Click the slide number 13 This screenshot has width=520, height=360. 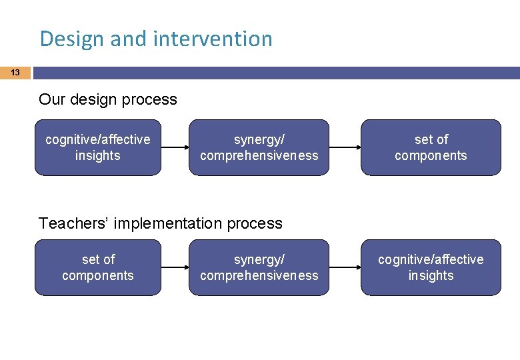pos(15,73)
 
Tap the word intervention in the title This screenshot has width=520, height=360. pos(213,39)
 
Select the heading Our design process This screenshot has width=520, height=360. pos(108,100)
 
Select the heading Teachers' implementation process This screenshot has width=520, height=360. pos(161,223)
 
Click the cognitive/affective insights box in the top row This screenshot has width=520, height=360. pos(98,147)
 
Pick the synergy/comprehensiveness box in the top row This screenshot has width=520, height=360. pos(259,147)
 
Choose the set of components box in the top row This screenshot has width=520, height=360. pos(431,147)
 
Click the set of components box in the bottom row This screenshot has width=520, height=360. pos(98,267)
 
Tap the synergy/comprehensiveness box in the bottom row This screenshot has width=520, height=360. pos(259,267)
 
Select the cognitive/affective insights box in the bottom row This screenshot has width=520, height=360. pos(431,267)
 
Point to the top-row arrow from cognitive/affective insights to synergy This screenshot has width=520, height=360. pos(175,147)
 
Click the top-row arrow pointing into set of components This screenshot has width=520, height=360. pos(345,147)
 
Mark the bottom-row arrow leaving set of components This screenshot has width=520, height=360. pos(175,267)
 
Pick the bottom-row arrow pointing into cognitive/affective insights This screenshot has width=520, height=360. pos(345,267)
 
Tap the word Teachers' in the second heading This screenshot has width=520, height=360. pos(74,223)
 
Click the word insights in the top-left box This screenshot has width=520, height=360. pos(98,156)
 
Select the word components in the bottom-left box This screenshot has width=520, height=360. pos(98,276)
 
